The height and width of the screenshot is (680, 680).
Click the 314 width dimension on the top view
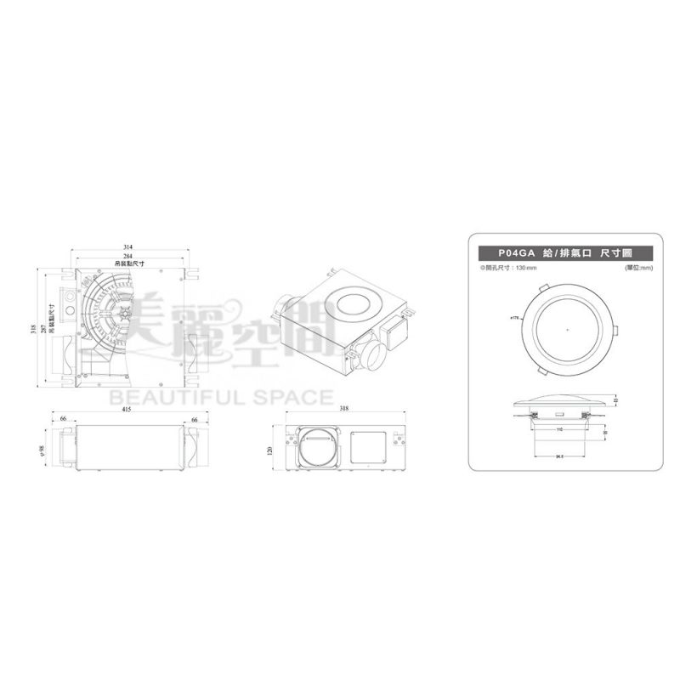(x=128, y=247)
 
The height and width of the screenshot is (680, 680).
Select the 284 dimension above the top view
(x=128, y=256)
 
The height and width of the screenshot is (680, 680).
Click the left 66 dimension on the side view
(x=65, y=419)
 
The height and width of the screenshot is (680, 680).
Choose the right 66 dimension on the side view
(x=194, y=419)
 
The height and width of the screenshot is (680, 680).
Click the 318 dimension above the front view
(x=343, y=409)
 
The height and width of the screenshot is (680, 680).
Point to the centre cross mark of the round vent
(x=567, y=329)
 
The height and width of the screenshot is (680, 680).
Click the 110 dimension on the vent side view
(x=558, y=429)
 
